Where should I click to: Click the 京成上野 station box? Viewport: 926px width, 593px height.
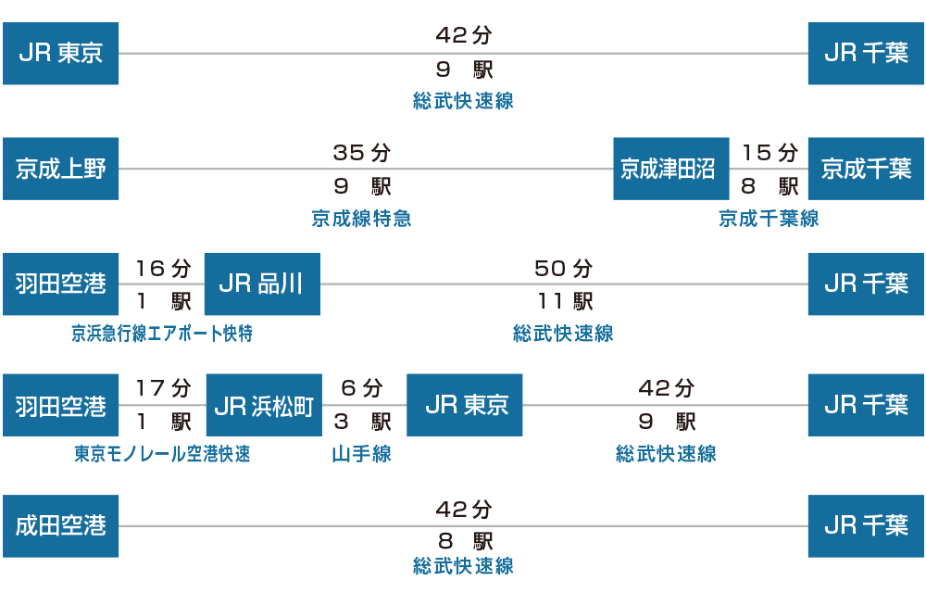coord(61,169)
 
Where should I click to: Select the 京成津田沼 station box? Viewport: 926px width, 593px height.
coord(670,169)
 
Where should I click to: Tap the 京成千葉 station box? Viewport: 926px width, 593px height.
coord(867,169)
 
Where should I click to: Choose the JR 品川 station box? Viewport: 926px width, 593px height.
coord(262,284)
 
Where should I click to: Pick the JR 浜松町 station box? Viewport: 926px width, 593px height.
coord(264,405)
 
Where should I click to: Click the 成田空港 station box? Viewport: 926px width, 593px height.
coord(61,526)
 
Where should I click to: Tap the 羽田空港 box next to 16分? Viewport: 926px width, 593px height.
coord(61,284)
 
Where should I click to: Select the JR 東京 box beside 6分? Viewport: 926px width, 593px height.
coord(465,405)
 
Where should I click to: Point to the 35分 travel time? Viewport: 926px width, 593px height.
coord(361,152)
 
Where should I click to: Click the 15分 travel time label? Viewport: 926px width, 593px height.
coord(770,152)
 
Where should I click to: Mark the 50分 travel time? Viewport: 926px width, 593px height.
coord(563,268)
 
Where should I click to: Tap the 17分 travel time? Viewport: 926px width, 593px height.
coord(163,388)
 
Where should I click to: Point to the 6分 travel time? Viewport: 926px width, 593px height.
coord(361,388)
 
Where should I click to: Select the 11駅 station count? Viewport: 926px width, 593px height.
coord(565,302)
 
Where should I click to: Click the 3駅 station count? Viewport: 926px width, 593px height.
coord(362,422)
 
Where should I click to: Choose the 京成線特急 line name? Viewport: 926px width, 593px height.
coord(361,219)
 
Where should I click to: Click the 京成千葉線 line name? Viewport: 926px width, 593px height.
coord(769,219)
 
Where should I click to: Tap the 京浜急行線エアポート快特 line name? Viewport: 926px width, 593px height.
coord(162,334)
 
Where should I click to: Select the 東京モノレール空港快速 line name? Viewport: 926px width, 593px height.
coord(162,454)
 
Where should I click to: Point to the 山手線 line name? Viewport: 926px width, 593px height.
coord(361,454)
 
